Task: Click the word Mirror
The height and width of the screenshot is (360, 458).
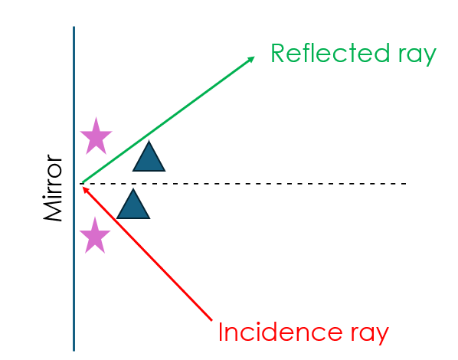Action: tap(53, 188)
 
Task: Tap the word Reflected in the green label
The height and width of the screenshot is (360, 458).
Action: tap(330, 53)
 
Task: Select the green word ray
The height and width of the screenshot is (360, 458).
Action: tap(417, 55)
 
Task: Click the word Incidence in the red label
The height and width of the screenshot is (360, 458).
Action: tap(280, 332)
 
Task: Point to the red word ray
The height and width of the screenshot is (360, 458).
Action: tap(370, 335)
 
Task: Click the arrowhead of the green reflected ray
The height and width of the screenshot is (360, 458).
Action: tap(251, 59)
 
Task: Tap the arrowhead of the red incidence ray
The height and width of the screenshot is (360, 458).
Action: tap(85, 189)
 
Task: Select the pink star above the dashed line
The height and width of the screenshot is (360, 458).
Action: tap(96, 137)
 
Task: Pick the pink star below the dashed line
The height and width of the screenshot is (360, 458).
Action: tap(95, 236)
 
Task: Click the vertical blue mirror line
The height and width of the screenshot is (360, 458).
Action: tap(74, 188)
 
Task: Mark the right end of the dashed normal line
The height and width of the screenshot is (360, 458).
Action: tap(406, 184)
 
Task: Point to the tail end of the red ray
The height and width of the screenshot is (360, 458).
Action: tap(211, 320)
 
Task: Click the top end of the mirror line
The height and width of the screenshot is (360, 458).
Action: tap(74, 27)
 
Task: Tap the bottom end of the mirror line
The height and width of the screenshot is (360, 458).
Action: tap(74, 351)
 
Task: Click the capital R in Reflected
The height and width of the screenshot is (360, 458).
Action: tap(278, 53)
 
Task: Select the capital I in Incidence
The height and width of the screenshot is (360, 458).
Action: tap(221, 332)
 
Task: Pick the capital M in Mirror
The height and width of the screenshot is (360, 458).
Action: tap(53, 211)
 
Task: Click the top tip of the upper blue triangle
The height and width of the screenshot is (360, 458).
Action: tap(149, 140)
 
